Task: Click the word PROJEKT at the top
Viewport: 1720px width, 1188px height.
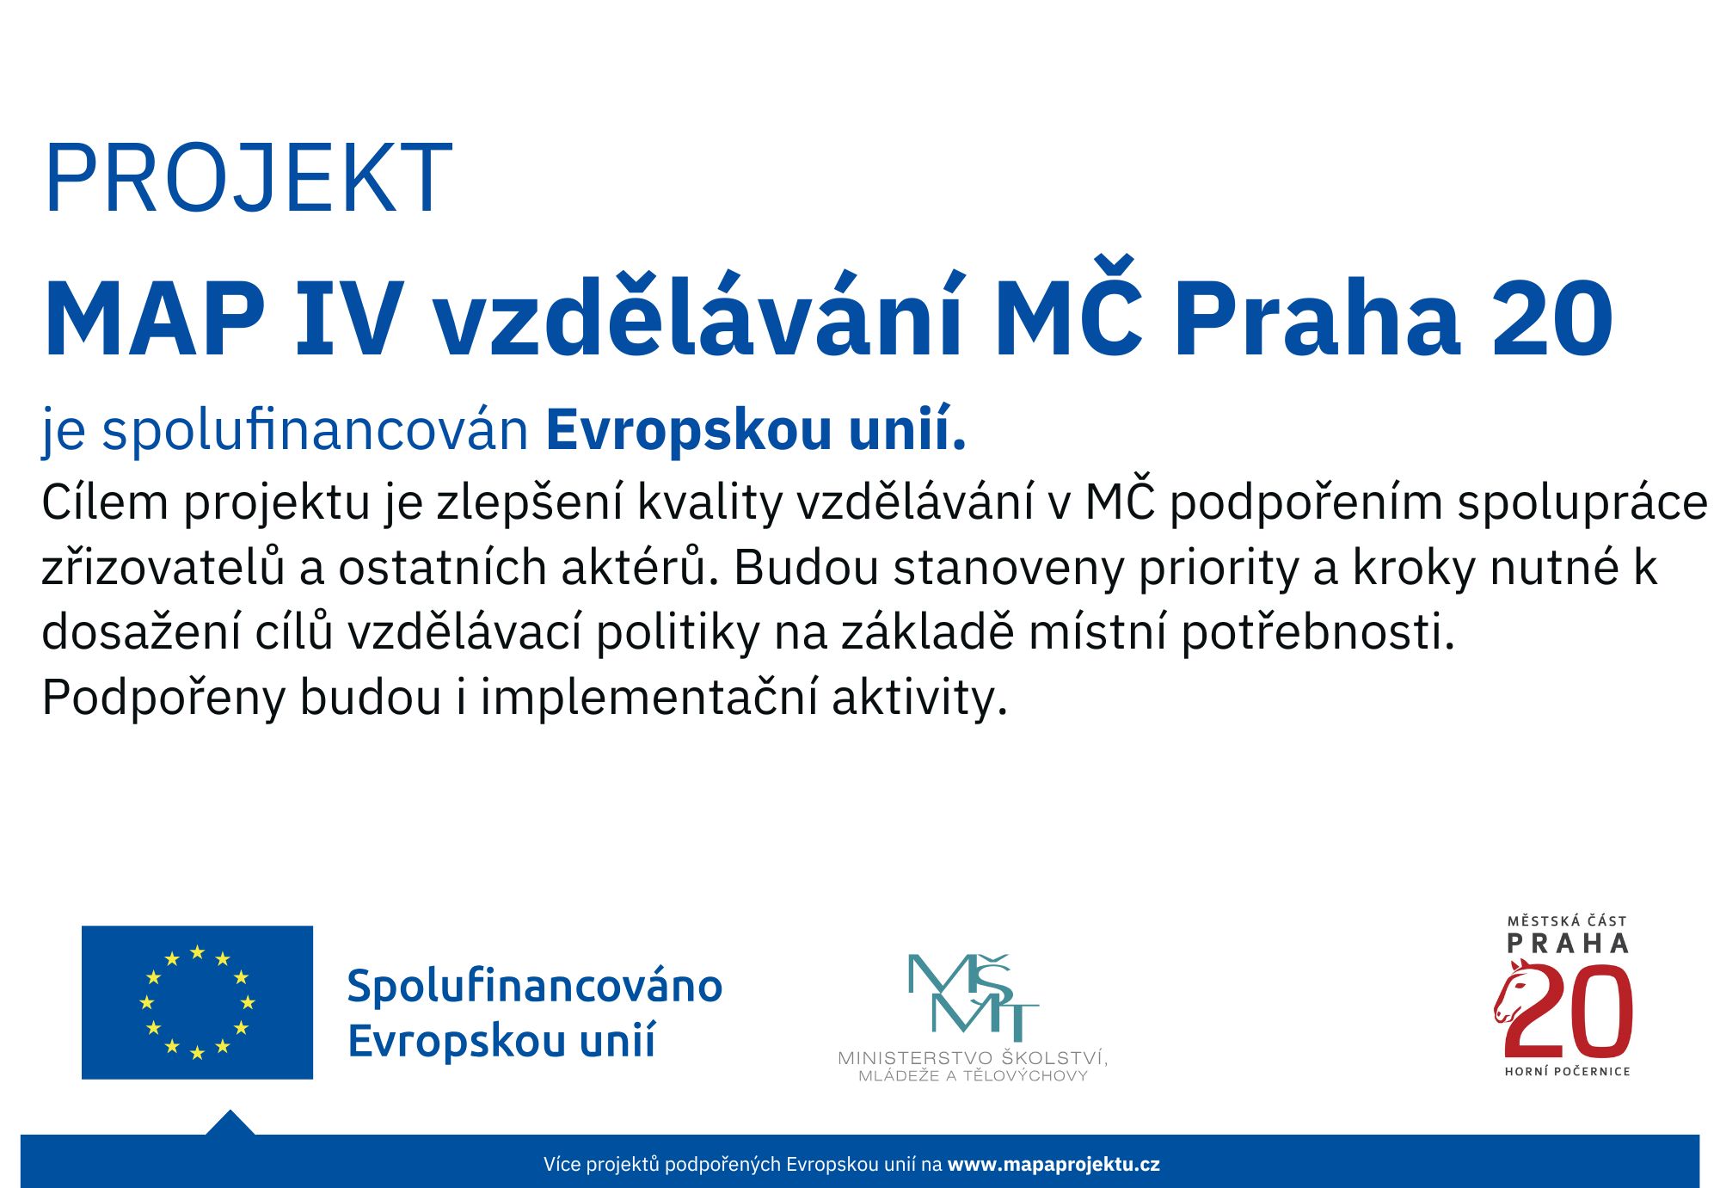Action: [x=249, y=178]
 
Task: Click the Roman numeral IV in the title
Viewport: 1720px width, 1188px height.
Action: [x=348, y=318]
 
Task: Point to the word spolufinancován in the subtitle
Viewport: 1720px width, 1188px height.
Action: [x=315, y=430]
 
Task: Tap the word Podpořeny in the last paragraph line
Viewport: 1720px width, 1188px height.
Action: [x=163, y=698]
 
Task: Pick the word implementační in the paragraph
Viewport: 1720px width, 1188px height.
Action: [x=648, y=698]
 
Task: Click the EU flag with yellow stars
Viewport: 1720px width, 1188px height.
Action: [x=197, y=1002]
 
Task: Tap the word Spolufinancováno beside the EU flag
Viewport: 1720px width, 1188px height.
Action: [x=534, y=986]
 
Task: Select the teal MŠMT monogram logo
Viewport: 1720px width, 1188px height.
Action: [x=973, y=998]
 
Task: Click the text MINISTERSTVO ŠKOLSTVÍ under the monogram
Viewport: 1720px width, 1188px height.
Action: [x=973, y=1057]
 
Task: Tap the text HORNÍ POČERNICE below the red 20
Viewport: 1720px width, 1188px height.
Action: [x=1568, y=1071]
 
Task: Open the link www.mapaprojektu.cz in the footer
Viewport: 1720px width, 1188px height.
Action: [x=1053, y=1165]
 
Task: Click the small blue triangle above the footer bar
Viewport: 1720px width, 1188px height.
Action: [x=230, y=1123]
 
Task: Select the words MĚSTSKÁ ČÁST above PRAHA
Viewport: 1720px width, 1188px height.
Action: [x=1568, y=920]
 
